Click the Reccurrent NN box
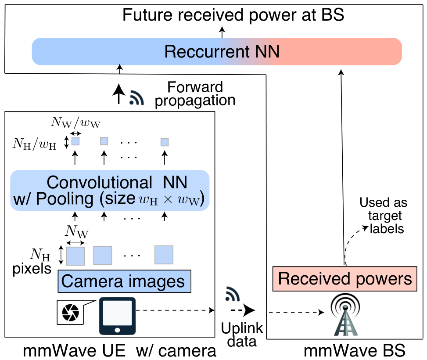[217, 51]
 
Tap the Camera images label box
[125, 281]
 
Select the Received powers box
[345, 279]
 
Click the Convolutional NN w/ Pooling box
[110, 190]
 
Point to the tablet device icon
[117, 316]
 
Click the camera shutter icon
[71, 313]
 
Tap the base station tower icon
[345, 315]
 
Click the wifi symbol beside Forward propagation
[136, 97]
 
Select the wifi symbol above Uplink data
[233, 294]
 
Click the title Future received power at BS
[233, 15]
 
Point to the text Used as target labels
[384, 216]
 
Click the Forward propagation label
[195, 94]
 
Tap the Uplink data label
[242, 335]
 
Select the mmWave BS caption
[354, 350]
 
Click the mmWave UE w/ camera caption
[119, 350]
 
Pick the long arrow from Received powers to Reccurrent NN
[343, 168]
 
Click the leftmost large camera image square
[75, 256]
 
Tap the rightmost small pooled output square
[165, 142]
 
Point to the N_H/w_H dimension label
[35, 144]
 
